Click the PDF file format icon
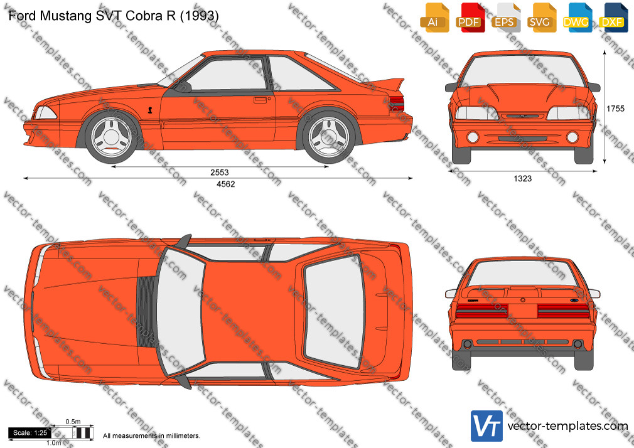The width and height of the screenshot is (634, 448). (x=469, y=18)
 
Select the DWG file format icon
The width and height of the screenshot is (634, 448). (x=576, y=18)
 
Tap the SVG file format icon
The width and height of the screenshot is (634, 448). (x=540, y=18)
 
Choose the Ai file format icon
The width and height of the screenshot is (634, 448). (x=434, y=18)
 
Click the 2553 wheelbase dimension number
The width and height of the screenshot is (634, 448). (x=219, y=173)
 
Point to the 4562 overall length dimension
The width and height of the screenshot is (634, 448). (x=225, y=184)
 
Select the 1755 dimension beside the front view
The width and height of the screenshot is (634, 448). (x=615, y=109)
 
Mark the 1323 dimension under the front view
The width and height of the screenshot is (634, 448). (x=523, y=178)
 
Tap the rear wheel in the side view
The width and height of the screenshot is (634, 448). (x=329, y=137)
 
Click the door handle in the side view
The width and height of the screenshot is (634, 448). (x=260, y=100)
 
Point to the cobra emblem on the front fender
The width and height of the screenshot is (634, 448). (x=150, y=110)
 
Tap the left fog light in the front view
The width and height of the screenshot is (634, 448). (x=473, y=137)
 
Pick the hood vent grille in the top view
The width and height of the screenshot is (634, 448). (x=146, y=312)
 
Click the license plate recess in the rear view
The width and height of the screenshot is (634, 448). (x=523, y=311)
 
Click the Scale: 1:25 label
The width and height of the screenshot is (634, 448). (x=30, y=433)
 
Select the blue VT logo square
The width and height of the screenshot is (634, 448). (x=487, y=426)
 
